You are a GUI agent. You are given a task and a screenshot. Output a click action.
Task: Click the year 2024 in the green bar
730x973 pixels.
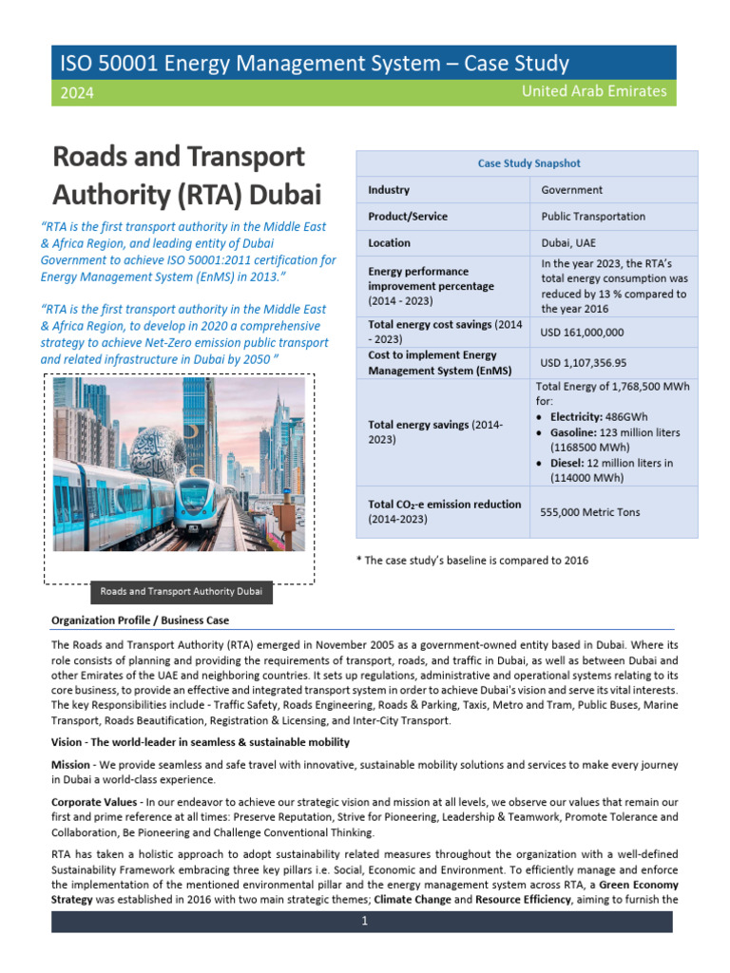(x=77, y=93)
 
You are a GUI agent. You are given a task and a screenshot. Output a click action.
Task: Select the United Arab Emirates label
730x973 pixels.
(x=594, y=92)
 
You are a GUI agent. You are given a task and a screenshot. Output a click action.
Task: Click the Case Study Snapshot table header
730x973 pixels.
(x=528, y=163)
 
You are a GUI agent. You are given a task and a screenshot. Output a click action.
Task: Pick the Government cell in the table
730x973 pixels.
(x=571, y=190)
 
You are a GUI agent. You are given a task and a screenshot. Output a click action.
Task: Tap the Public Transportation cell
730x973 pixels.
(x=593, y=217)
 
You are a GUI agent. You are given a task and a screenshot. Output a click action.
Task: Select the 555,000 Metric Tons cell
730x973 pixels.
(x=590, y=512)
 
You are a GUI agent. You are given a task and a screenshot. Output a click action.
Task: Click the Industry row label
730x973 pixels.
(x=389, y=190)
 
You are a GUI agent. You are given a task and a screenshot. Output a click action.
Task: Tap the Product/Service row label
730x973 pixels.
(x=407, y=217)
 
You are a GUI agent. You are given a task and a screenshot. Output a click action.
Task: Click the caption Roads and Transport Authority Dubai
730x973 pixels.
(x=181, y=592)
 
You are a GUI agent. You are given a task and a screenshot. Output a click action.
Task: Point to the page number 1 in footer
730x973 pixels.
(x=363, y=922)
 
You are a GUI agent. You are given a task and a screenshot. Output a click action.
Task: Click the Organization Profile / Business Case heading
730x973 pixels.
(x=140, y=620)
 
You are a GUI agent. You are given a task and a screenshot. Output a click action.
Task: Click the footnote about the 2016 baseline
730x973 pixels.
(x=471, y=560)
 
